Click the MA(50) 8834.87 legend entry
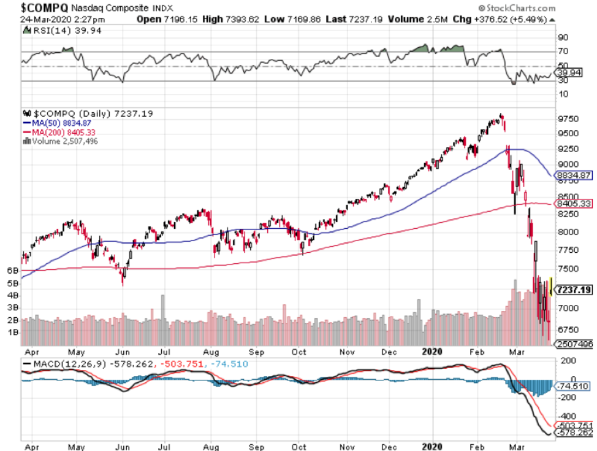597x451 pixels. (61, 123)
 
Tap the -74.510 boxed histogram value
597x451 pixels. (574, 387)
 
